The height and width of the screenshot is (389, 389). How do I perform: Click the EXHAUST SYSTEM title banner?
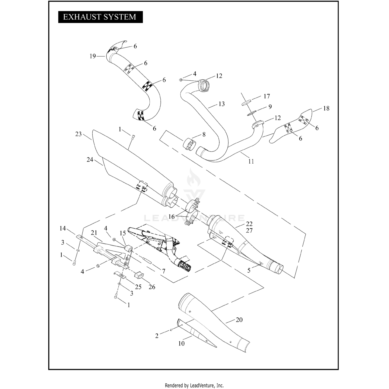100,17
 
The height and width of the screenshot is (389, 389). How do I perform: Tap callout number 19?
93,56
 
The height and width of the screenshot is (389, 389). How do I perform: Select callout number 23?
78,134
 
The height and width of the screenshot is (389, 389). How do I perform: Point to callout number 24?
90,160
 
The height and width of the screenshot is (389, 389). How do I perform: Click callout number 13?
221,104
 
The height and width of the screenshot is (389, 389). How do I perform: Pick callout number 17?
267,96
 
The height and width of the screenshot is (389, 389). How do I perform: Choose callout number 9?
270,107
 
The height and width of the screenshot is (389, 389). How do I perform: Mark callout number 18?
326,108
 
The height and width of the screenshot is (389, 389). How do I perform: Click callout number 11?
251,161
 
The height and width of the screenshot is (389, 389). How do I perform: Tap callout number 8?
204,135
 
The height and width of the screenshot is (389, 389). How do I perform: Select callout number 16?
171,217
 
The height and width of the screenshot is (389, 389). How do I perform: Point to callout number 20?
239,320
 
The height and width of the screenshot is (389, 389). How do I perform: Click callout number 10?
181,344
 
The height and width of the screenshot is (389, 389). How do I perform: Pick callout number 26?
152,287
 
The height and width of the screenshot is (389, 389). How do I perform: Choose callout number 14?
63,228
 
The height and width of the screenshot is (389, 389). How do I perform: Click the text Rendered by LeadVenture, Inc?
194,385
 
